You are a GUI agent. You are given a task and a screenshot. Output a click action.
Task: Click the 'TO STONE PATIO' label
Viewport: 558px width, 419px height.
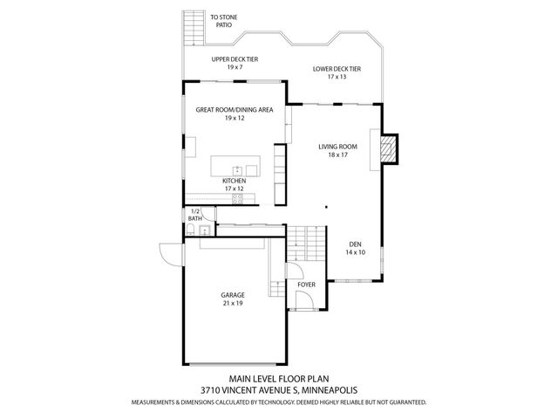[x=223, y=22]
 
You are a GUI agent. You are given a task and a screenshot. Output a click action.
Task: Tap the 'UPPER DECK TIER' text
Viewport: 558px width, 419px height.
[x=235, y=59]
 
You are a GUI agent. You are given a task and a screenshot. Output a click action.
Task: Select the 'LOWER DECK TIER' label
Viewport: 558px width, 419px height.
[x=337, y=68]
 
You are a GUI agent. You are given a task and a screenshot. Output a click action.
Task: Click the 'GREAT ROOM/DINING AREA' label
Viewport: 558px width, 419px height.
[x=235, y=110]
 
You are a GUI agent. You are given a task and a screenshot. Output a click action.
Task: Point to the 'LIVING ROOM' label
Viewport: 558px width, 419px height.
[x=337, y=147]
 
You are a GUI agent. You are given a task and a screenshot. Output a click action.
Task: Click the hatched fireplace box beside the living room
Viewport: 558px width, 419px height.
[x=388, y=149]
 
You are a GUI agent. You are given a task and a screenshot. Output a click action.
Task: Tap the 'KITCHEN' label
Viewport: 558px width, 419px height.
[x=234, y=181]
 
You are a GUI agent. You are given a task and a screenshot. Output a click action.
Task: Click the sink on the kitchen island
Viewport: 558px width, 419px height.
[x=236, y=167]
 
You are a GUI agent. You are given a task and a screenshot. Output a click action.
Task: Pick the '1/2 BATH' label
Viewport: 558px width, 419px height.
[x=195, y=215]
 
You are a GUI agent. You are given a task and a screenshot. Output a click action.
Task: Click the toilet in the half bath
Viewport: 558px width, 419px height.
[x=189, y=230]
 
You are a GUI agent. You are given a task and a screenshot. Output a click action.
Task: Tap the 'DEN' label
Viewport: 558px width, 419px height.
[x=355, y=244]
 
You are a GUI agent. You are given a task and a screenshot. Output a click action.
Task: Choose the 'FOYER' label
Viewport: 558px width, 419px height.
[x=306, y=285]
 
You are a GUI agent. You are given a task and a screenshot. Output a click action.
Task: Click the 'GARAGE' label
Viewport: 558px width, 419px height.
[x=232, y=295]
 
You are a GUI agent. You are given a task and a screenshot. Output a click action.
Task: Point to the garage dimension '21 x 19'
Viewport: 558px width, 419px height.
[x=232, y=304]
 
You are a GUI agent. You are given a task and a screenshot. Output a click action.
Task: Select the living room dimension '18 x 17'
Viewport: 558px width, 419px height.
[x=337, y=155]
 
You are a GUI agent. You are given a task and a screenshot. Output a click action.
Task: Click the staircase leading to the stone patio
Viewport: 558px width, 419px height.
[x=192, y=28]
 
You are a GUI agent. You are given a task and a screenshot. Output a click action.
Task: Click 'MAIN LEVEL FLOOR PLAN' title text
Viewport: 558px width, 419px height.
[x=278, y=380]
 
